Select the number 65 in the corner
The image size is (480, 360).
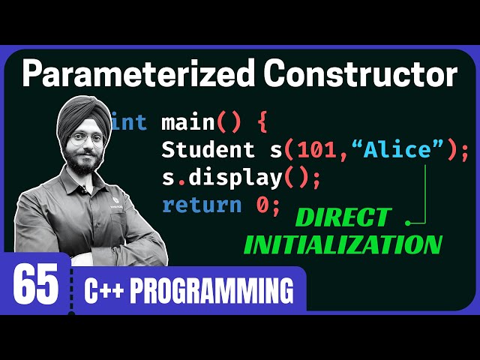(x=35, y=286)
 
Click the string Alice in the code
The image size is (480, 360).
(x=398, y=150)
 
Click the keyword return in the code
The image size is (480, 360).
(x=202, y=204)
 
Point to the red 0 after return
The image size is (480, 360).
(x=262, y=204)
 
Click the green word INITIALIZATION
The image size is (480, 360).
(x=343, y=244)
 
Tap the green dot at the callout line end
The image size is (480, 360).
(x=408, y=222)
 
